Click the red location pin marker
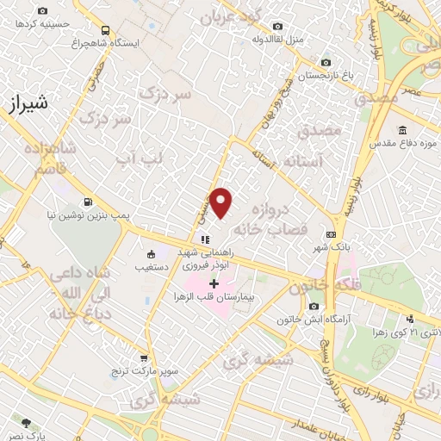pos(222,202)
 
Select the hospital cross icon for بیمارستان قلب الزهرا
pos(214,283)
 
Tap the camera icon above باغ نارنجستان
pos(326,62)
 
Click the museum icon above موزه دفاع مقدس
pos(376,129)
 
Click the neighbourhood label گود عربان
pos(235,17)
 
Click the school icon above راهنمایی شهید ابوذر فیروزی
pos(204,239)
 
